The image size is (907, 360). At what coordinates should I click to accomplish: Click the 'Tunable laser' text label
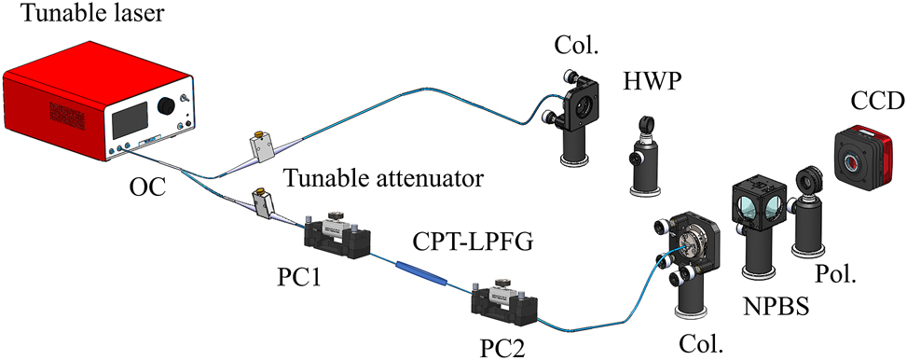click(70, 16)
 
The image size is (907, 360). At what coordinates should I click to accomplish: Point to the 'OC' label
click(147, 189)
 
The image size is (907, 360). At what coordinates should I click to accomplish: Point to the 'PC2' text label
click(502, 348)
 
